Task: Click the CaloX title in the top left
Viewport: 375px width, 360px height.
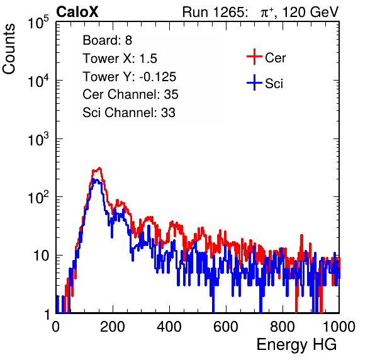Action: (x=77, y=12)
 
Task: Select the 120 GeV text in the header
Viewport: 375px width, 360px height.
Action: (x=310, y=12)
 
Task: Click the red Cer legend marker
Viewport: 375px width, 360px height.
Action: (x=254, y=57)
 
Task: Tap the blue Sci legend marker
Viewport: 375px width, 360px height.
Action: (x=254, y=83)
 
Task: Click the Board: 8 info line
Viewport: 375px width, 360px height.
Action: (x=108, y=40)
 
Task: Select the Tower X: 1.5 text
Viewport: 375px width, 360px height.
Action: (x=120, y=59)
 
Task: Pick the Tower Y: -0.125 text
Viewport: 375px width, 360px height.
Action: (x=130, y=77)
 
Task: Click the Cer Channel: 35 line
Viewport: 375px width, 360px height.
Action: (x=130, y=94)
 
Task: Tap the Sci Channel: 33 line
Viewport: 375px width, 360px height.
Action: (x=129, y=113)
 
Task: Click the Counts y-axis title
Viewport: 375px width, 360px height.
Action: (x=9, y=49)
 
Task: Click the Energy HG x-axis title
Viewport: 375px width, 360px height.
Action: (x=296, y=345)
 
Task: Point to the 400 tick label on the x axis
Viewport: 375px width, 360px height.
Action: (x=169, y=327)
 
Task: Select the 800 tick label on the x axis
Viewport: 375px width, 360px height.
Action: (x=283, y=327)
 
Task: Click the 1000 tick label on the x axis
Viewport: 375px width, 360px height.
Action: (x=339, y=327)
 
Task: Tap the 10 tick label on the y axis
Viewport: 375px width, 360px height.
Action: (x=41, y=256)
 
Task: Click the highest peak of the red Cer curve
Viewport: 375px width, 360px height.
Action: (x=99, y=168)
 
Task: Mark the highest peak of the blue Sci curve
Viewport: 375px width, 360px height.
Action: (x=94, y=179)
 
